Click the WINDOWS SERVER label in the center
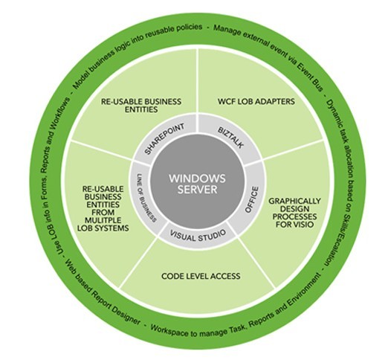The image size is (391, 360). pyautogui.click(x=197, y=184)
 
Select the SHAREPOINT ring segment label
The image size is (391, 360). pyautogui.click(x=164, y=138)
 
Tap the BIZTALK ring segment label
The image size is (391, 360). pyautogui.click(x=230, y=138)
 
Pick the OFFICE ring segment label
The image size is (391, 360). pyautogui.click(x=251, y=199)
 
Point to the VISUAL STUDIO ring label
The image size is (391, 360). pyautogui.click(x=198, y=235)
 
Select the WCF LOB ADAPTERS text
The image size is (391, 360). pyautogui.click(x=256, y=102)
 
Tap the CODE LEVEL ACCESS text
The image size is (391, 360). pyautogui.click(x=201, y=276)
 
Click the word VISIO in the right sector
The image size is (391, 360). pyautogui.click(x=303, y=225)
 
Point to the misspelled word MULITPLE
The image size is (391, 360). pyautogui.click(x=103, y=220)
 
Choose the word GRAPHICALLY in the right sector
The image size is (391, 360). pyautogui.click(x=294, y=201)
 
